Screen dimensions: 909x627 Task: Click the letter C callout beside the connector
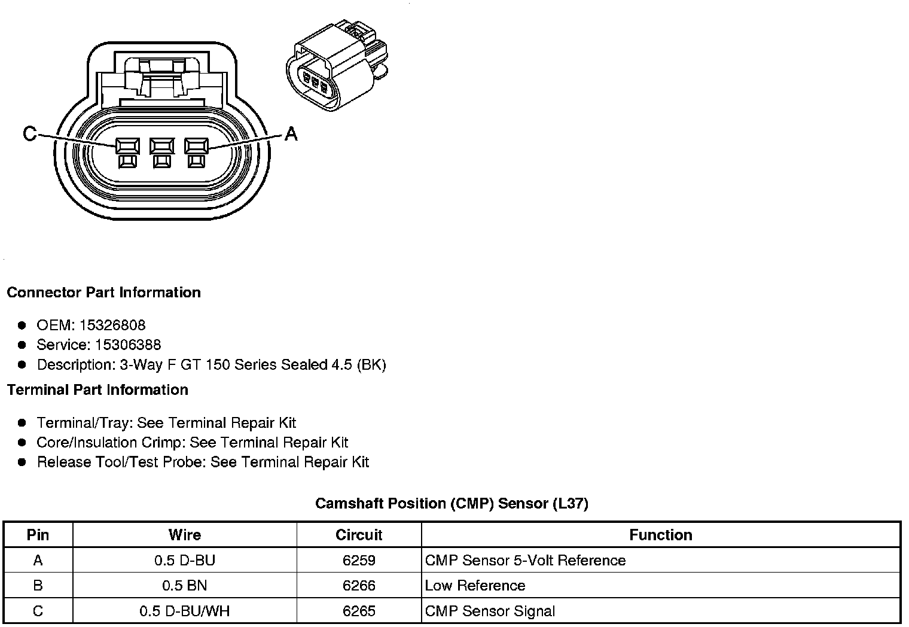(29, 134)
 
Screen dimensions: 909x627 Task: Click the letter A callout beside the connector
(291, 134)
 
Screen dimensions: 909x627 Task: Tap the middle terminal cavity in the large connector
(161, 146)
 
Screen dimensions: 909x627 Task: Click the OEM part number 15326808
(112, 325)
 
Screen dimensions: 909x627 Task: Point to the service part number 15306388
(128, 345)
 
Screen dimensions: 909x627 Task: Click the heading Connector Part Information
(103, 293)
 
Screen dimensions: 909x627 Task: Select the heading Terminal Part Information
(97, 390)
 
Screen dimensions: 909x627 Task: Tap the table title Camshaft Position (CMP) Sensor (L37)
(452, 504)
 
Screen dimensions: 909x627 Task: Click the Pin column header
(38, 535)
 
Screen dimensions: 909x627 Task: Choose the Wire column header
(185, 535)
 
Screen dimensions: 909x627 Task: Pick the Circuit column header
(359, 535)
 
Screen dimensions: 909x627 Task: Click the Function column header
(661, 535)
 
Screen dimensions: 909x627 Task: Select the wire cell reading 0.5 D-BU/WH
(185, 611)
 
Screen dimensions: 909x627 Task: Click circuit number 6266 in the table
(359, 586)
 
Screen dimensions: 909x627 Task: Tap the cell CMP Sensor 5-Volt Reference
(525, 561)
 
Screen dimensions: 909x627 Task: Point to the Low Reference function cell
(475, 586)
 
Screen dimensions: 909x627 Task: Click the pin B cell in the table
(38, 586)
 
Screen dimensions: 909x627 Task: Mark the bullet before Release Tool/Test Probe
(22, 462)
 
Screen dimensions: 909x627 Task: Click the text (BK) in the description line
(371, 365)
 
